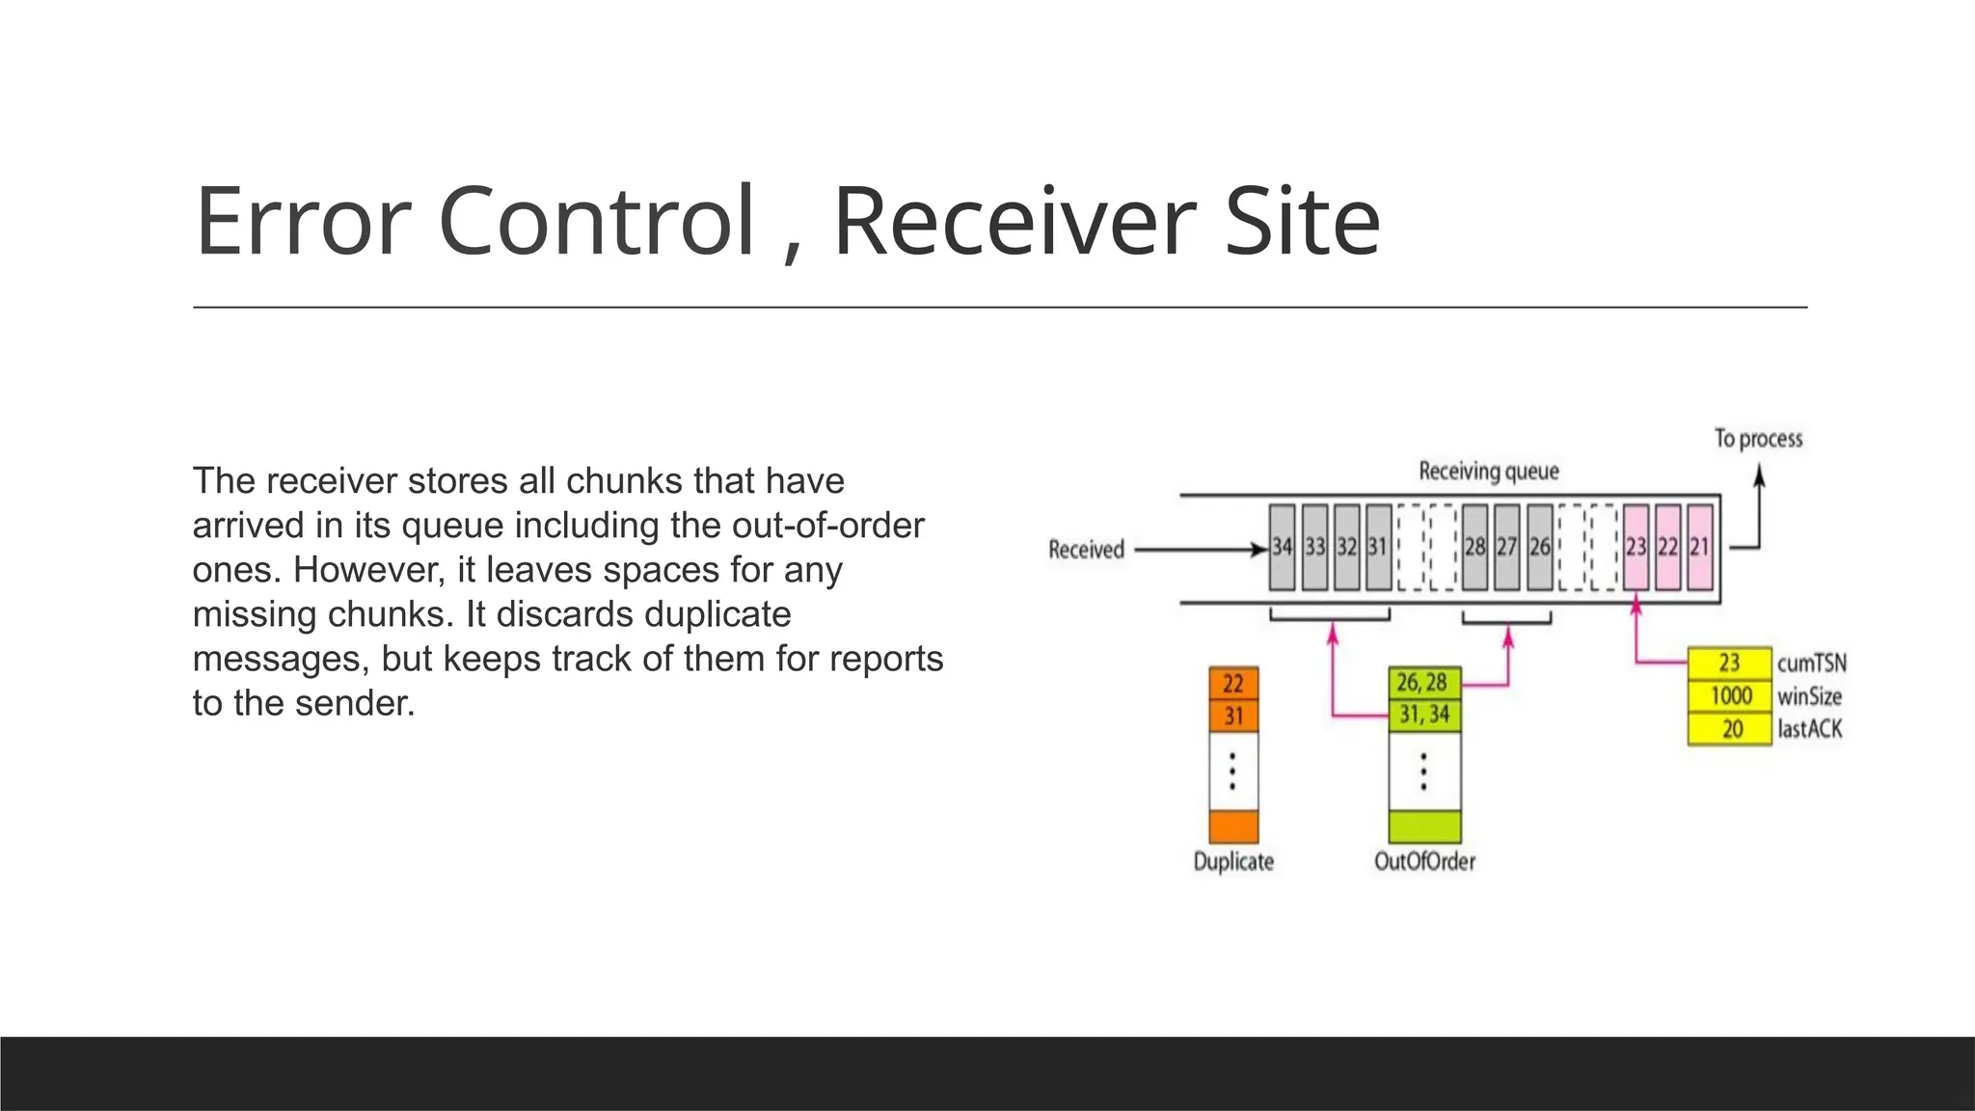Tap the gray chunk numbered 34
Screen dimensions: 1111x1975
1282,547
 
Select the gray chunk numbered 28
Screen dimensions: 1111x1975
1474,547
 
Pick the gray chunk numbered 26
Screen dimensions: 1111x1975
1540,547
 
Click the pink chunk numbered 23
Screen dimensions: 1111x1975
1636,547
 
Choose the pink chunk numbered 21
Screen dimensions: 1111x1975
1700,547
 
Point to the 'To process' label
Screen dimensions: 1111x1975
1758,439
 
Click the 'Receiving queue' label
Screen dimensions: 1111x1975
1488,472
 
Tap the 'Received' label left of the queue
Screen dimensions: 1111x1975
1086,550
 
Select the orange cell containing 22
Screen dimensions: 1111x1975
1233,684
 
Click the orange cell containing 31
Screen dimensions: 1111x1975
1233,717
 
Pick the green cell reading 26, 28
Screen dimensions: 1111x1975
1423,683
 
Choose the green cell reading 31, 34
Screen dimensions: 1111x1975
1424,715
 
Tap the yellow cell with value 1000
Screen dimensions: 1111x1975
1730,696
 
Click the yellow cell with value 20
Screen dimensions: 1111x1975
1730,729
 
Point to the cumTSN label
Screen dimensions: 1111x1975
1811,664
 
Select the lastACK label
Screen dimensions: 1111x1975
1809,729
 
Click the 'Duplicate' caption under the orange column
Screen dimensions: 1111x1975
1233,861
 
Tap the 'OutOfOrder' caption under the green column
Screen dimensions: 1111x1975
1424,861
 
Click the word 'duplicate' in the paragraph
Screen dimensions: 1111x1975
717,614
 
